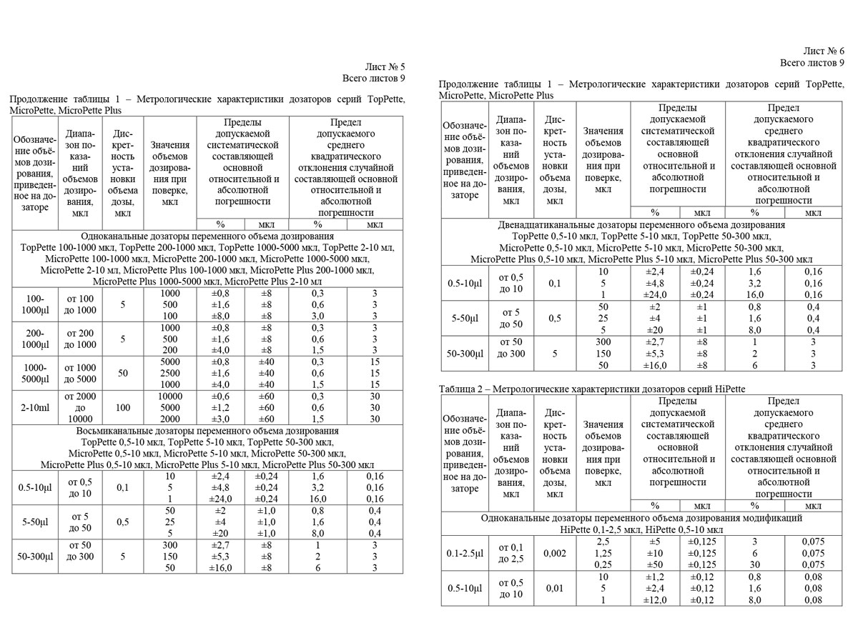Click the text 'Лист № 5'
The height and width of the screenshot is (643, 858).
(385, 66)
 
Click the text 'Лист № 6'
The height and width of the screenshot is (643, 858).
(824, 51)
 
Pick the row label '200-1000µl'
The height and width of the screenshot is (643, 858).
(34, 339)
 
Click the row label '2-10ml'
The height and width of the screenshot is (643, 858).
(34, 407)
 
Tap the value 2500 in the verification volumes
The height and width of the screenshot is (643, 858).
(169, 373)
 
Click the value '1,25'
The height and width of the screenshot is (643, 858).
(603, 554)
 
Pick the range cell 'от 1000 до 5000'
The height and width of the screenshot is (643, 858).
(81, 373)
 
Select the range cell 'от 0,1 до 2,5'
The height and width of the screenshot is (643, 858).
(513, 554)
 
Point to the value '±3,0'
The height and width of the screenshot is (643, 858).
(220, 419)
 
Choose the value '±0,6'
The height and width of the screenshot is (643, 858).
(220, 397)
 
